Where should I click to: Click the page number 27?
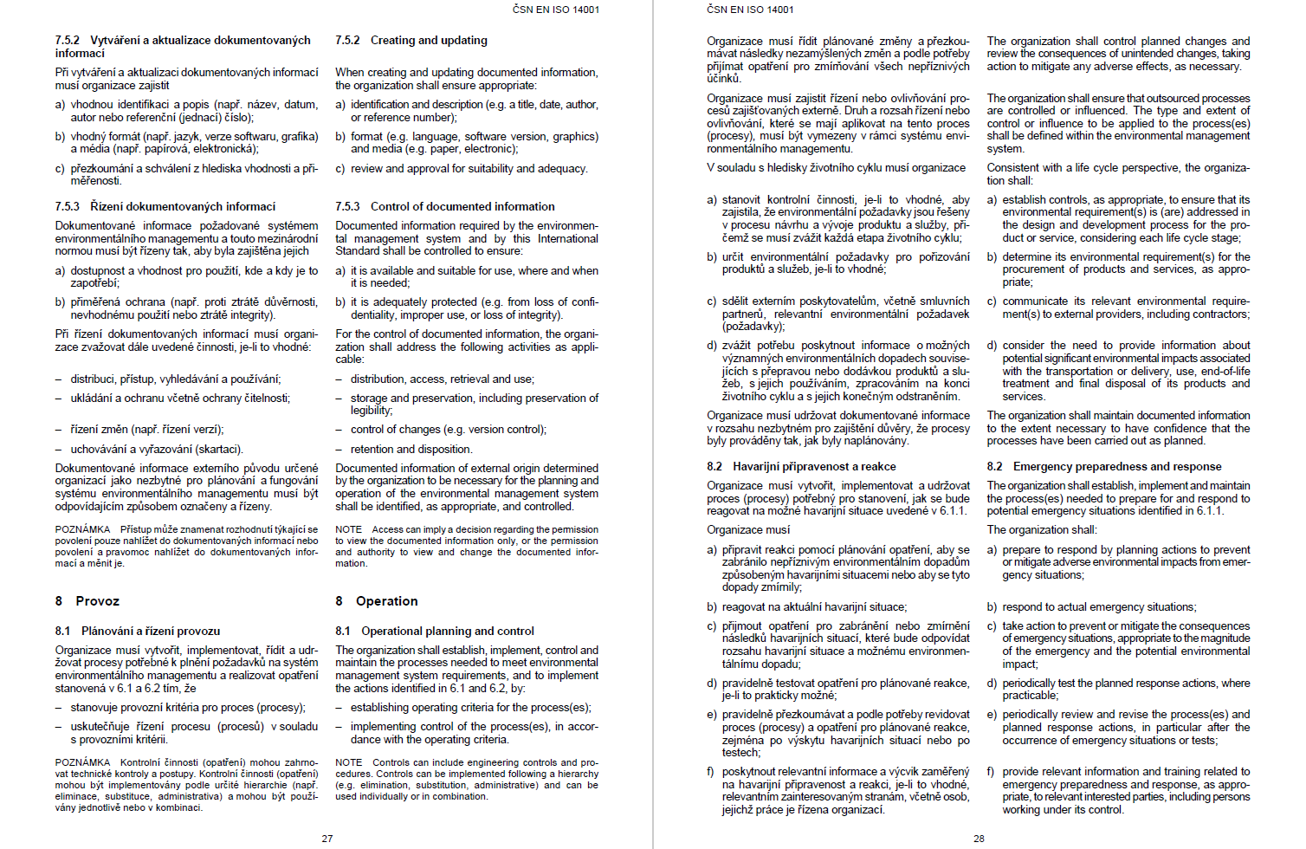(327, 839)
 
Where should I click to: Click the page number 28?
(979, 839)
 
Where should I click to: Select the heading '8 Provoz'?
(87, 601)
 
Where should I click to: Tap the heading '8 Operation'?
(377, 601)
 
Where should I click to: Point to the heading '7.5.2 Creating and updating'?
(411, 41)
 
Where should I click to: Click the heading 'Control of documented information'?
(462, 207)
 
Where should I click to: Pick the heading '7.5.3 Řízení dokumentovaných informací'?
(165, 207)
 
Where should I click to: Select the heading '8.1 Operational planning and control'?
(435, 632)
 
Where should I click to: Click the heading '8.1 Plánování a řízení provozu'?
(138, 632)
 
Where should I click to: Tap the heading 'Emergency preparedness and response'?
(1117, 467)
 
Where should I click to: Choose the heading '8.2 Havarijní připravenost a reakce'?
(801, 467)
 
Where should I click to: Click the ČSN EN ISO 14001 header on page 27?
(555, 10)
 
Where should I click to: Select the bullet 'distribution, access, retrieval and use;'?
(442, 379)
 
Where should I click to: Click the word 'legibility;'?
(372, 411)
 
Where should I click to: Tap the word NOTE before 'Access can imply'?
(349, 529)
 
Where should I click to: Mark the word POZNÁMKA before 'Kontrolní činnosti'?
(82, 763)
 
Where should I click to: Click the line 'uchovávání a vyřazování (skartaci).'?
(157, 450)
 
